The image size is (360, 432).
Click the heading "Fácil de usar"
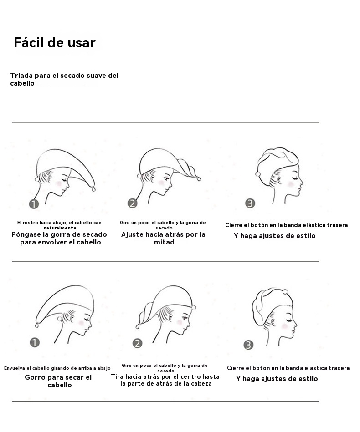tap(55, 42)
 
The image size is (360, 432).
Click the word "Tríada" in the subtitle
tap(21, 76)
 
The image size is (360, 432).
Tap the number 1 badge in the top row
tap(34, 204)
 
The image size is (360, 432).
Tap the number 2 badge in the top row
tap(133, 203)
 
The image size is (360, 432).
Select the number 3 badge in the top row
tap(250, 203)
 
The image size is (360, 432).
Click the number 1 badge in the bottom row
tap(35, 342)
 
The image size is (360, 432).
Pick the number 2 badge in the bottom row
tap(137, 343)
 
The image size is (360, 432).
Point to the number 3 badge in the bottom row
tap(248, 345)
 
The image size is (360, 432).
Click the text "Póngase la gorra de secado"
tap(59, 234)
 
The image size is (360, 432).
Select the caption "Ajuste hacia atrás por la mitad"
tap(163, 239)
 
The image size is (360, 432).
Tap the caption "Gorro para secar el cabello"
tap(58, 381)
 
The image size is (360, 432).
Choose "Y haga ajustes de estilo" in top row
tap(274, 236)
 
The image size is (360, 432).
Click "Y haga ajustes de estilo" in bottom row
tap(277, 379)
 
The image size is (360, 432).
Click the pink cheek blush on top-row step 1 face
tap(59, 183)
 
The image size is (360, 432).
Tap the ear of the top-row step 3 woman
tap(279, 180)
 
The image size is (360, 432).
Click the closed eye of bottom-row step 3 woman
tap(290, 320)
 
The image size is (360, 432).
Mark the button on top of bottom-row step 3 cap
tap(285, 292)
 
